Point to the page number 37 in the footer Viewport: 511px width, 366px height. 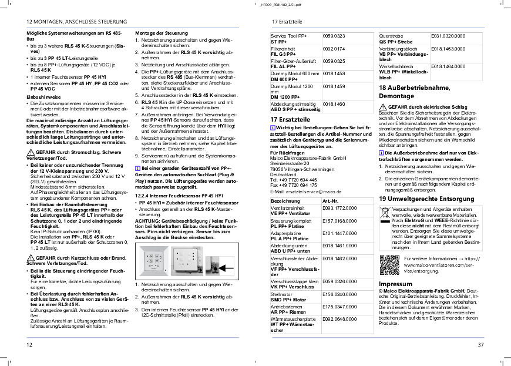coord(481,344)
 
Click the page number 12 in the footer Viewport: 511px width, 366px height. coord(29,344)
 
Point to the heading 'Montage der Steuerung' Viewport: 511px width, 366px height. coord(162,33)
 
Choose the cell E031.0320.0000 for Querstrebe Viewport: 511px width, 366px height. coord(448,36)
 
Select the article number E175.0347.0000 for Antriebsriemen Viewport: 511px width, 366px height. coord(339,306)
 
